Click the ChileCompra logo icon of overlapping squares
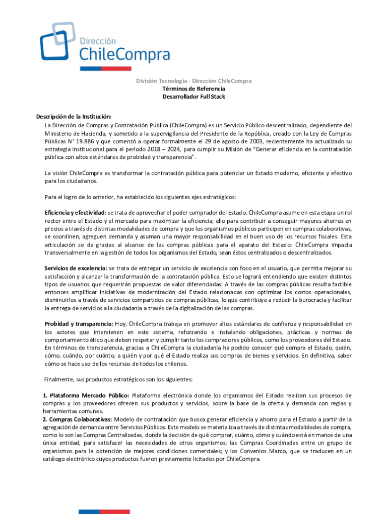[x=57, y=41]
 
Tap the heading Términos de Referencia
[x=193, y=89]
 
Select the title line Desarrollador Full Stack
[x=193, y=97]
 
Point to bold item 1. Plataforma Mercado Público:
[x=86, y=395]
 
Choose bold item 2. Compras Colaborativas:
[x=78, y=419]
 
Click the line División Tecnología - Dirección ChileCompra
[x=193, y=81]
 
